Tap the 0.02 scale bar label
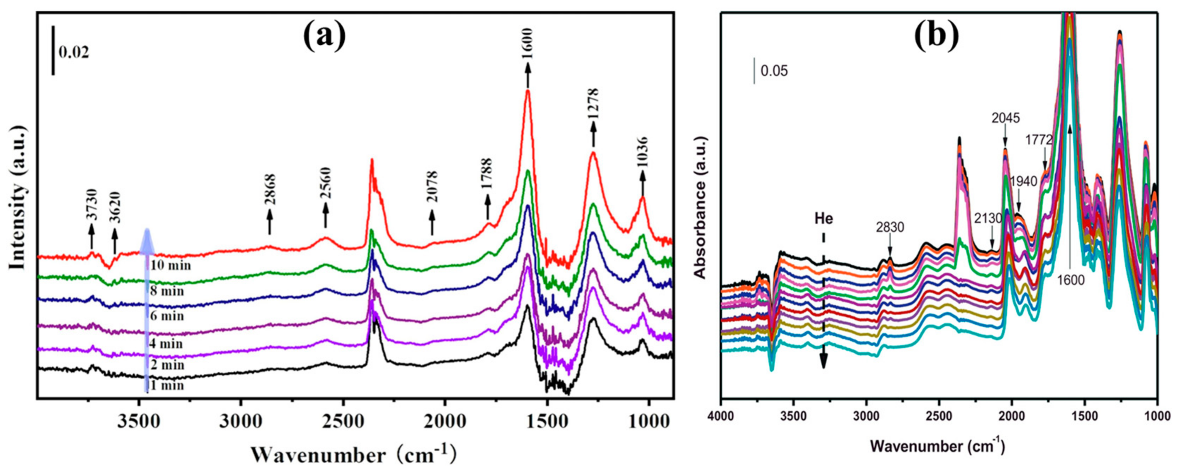(x=74, y=52)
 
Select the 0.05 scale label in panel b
(x=774, y=72)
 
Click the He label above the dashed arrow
(x=824, y=218)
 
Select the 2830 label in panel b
(x=890, y=227)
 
